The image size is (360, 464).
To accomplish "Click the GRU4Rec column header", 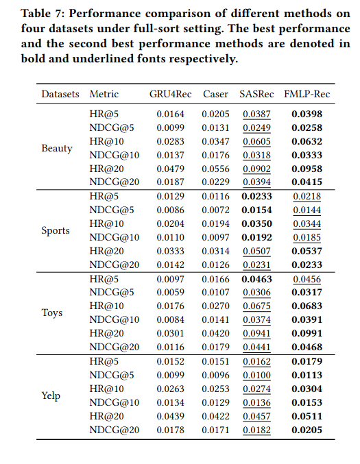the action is pos(170,94).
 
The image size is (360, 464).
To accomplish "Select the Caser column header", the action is pos(215,94).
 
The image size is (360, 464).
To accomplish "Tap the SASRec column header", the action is pos(256,94).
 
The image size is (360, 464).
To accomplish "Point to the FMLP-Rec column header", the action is pos(307,94).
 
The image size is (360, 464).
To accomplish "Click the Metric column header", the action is pos(104,94).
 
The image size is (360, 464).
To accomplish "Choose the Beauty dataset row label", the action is pos(57,148).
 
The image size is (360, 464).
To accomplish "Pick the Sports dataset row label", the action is pos(56,230).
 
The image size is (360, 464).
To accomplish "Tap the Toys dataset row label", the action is pos(52,313).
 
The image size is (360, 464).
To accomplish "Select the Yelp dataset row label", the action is pos(51,395).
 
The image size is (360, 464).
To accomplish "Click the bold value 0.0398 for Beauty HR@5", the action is pos(307,114).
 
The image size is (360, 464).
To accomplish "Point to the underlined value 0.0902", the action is pos(256,169).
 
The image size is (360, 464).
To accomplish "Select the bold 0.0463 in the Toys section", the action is pos(256,279).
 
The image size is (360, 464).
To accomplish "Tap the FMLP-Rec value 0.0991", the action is pos(307,333).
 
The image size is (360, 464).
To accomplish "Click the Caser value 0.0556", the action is pos(215,169).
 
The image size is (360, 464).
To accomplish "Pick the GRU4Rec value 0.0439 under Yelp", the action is pos(170,416).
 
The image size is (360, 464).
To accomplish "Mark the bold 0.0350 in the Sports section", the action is pos(256,223).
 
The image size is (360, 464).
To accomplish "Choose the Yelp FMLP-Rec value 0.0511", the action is pos(307,416).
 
